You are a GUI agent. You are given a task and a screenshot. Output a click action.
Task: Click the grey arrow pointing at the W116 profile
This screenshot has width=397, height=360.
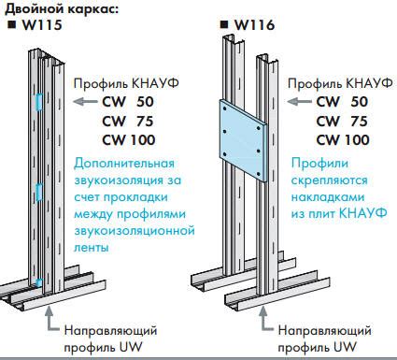[297, 101]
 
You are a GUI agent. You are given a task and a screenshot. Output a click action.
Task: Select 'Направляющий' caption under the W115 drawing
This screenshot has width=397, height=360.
[109, 330]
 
